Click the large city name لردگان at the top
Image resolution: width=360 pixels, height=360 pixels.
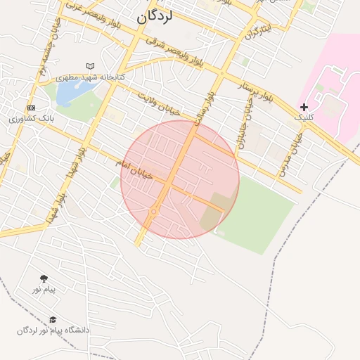[x=155, y=17]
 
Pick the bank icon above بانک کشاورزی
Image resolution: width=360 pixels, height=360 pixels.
[x=31, y=108]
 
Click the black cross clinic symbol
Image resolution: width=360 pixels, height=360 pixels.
[x=304, y=107]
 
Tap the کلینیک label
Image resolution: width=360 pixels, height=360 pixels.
[x=303, y=117]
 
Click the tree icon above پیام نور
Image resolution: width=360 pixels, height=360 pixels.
[x=44, y=278]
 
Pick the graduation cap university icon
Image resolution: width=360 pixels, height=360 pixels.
[x=53, y=319]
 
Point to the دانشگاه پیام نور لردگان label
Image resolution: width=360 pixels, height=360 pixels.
[x=53, y=330]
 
